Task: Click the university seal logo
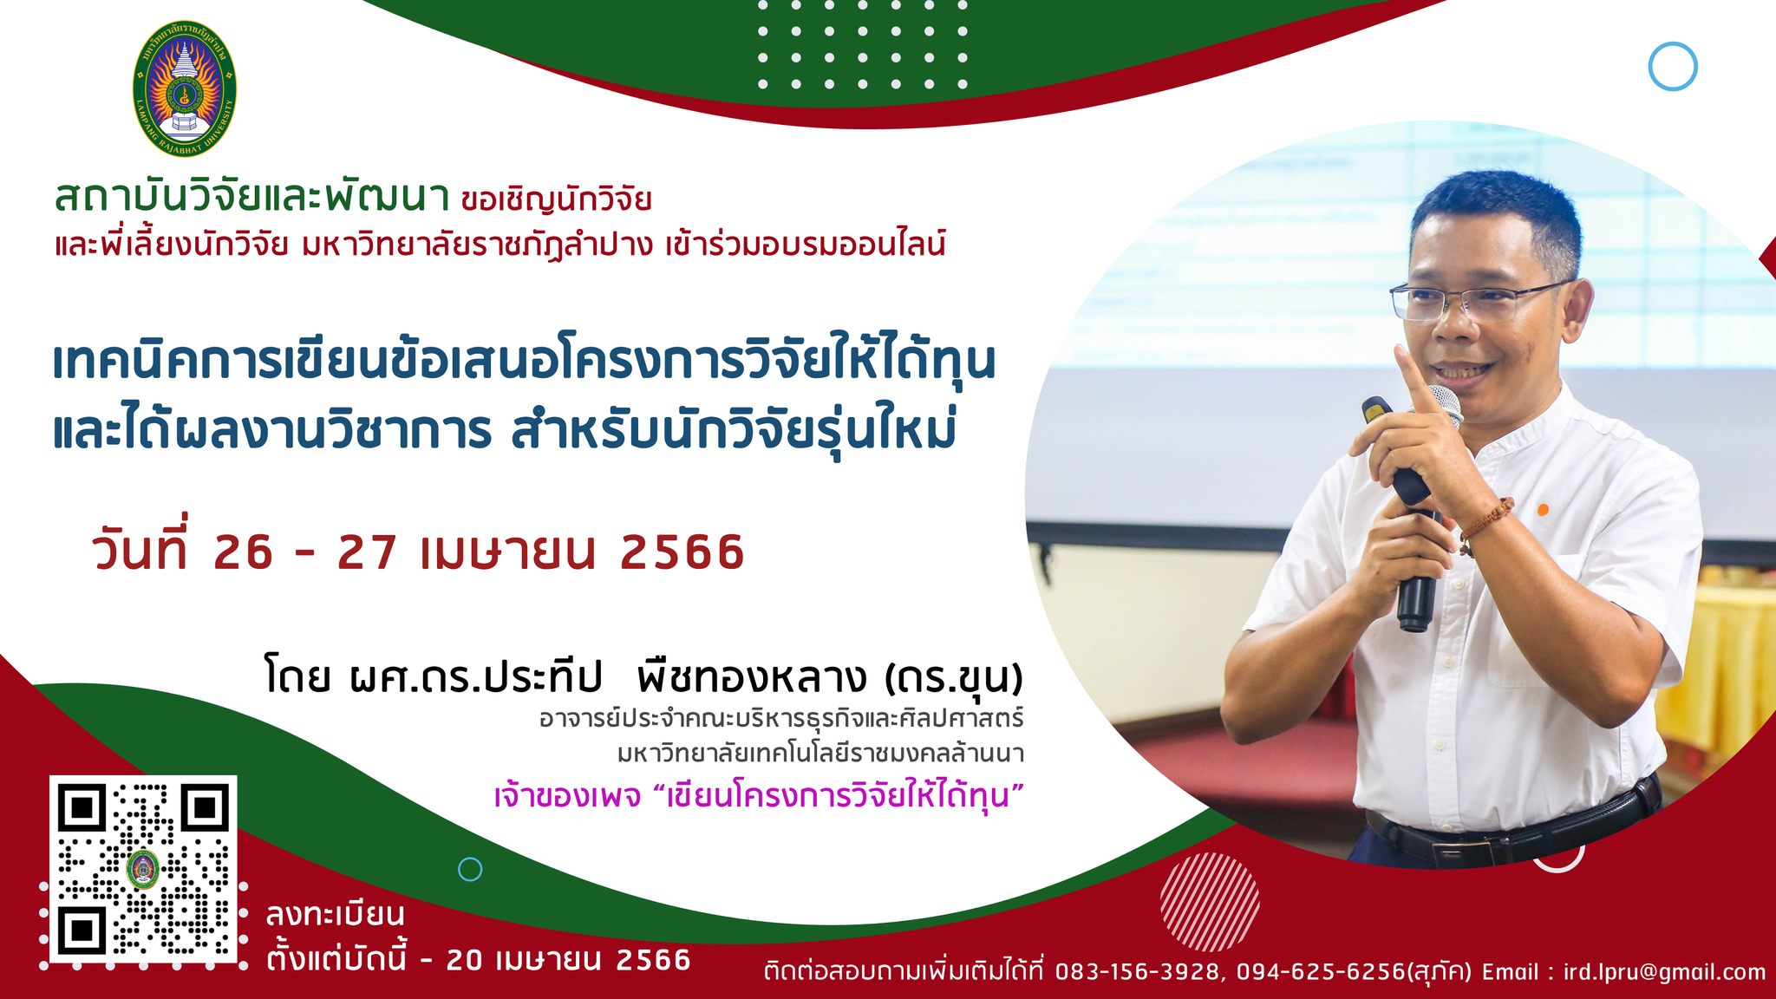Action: pos(184,88)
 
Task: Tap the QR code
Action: pos(143,868)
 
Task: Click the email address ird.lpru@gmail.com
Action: pos(1664,972)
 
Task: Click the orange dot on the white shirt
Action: pos(1544,510)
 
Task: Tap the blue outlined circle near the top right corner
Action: pos(1672,67)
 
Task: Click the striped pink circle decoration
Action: pos(1210,902)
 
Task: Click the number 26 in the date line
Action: pos(243,552)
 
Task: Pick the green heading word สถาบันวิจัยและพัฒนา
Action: pos(251,197)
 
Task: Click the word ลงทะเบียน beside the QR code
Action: pos(336,915)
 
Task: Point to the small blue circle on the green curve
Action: pos(470,869)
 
